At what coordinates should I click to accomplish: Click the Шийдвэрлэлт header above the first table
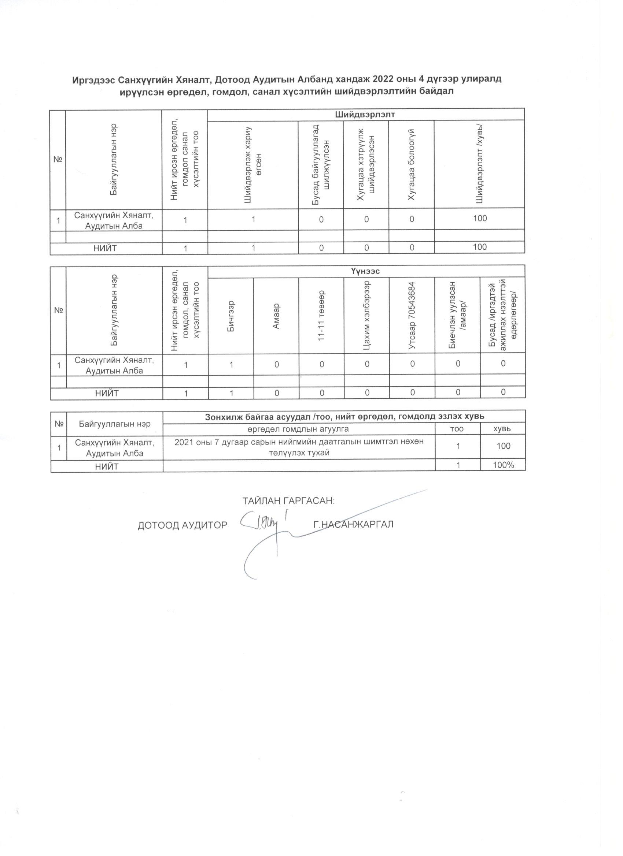(365, 114)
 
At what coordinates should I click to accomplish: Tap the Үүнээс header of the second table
(365, 271)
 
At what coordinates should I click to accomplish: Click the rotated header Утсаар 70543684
(412, 316)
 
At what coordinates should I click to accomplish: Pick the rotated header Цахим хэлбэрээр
(366, 316)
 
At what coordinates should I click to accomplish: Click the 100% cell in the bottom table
(503, 465)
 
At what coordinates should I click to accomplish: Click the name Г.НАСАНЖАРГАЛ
(353, 524)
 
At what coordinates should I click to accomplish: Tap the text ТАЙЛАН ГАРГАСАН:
(289, 501)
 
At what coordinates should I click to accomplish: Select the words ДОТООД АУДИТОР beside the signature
(183, 525)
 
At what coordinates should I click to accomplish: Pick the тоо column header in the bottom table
(457, 429)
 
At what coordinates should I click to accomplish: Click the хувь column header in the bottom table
(503, 429)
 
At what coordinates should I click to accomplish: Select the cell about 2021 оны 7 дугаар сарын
(299, 447)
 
